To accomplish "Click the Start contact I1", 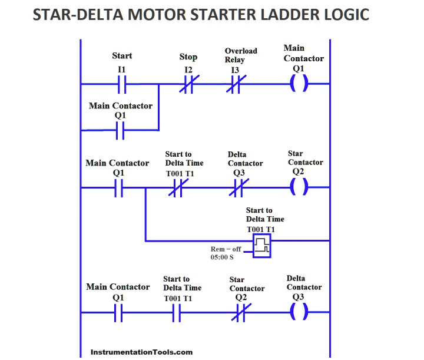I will [x=121, y=85].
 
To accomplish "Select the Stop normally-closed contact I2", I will [x=187, y=85].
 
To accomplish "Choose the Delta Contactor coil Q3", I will [x=299, y=313].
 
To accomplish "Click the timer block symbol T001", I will [x=263, y=245].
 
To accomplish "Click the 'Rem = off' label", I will [x=226, y=249].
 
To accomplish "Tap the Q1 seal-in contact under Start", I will [x=120, y=130].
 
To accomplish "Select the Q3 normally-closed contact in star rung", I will [x=238, y=189].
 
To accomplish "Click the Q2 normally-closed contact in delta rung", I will [x=238, y=314].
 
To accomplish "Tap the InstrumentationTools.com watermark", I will [x=142, y=352].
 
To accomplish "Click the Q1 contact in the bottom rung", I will [x=119, y=314].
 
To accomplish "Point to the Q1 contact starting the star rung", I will [x=119, y=189].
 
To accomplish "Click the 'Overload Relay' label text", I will [x=241, y=55].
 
